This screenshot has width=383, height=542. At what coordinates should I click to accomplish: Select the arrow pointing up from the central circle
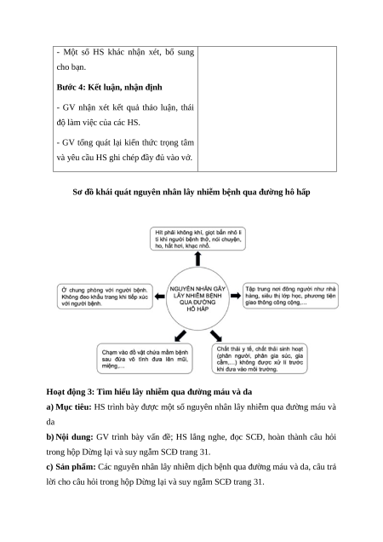(197, 258)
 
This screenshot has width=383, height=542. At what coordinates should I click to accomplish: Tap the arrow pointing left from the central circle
(159, 297)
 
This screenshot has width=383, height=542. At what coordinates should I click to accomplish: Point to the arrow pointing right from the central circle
(236, 296)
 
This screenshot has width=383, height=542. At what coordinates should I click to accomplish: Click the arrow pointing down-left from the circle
(180, 336)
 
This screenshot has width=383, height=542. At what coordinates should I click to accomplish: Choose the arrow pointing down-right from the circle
(216, 336)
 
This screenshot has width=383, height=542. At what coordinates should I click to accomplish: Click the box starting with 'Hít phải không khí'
(197, 239)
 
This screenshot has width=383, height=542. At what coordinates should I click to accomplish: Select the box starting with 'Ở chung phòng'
(105, 297)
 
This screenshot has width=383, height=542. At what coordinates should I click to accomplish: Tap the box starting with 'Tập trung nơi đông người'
(290, 296)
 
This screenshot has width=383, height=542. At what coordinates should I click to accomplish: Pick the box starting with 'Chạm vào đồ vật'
(145, 359)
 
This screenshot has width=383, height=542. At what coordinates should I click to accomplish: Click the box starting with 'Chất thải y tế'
(260, 359)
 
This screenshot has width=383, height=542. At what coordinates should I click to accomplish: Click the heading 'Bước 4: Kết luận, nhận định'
(109, 88)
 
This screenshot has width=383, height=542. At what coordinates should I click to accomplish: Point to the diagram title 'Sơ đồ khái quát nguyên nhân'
(191, 193)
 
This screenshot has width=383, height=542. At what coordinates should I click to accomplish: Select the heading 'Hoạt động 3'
(149, 392)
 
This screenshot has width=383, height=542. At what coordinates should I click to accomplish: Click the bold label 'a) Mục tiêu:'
(69, 407)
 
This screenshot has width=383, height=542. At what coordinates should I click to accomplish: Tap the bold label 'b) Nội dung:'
(70, 437)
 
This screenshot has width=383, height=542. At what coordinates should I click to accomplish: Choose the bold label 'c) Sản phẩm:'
(71, 467)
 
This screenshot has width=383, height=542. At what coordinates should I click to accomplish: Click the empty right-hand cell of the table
(267, 109)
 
